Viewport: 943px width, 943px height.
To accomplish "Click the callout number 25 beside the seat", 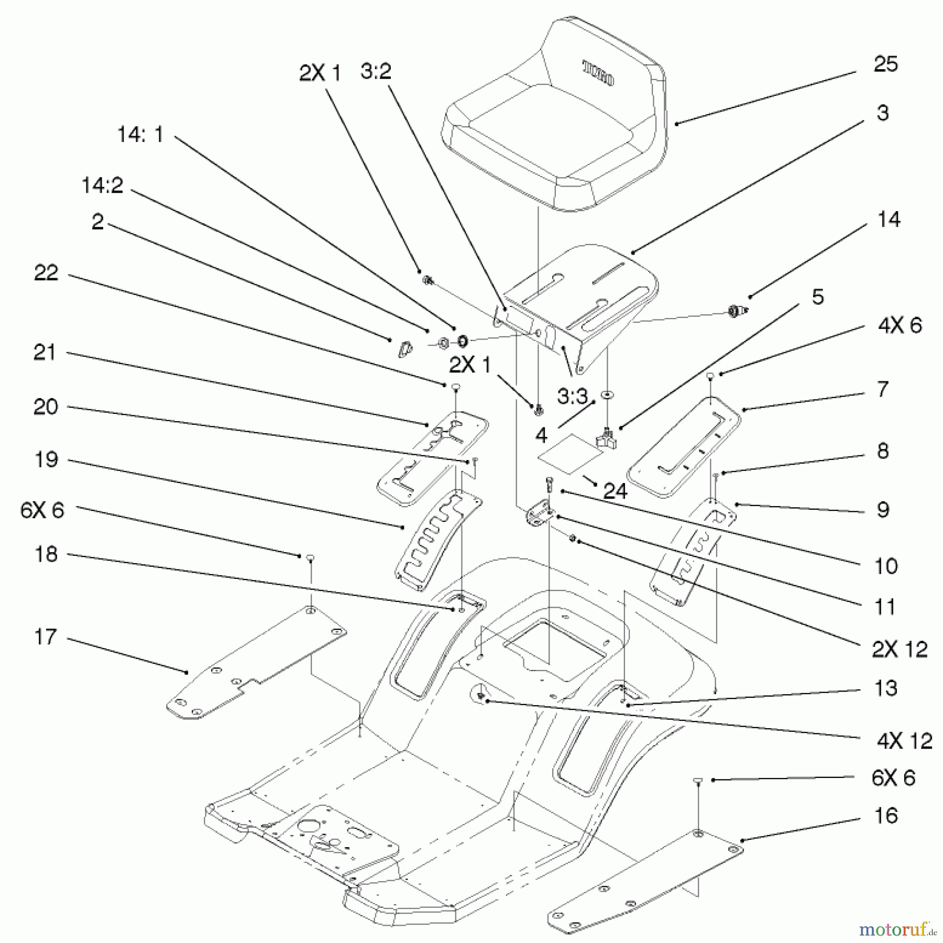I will (x=885, y=64).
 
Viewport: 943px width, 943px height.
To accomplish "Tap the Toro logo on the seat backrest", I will (x=599, y=73).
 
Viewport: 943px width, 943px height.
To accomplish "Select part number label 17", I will (x=45, y=637).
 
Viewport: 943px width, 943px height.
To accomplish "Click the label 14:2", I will (x=102, y=185).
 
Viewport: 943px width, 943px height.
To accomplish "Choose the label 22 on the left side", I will (x=46, y=272).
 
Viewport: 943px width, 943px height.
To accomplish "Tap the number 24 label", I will (x=615, y=491).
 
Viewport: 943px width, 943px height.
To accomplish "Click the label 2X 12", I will (x=900, y=650).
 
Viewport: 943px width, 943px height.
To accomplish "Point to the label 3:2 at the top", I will (x=376, y=71).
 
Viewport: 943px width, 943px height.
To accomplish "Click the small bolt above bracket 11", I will (x=549, y=484).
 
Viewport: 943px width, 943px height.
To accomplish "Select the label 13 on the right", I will (x=886, y=688).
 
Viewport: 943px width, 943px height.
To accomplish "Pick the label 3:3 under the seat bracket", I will (x=572, y=397).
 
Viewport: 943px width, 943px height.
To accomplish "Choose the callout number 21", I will (x=45, y=353).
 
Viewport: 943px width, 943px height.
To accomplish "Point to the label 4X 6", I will (x=900, y=325).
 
